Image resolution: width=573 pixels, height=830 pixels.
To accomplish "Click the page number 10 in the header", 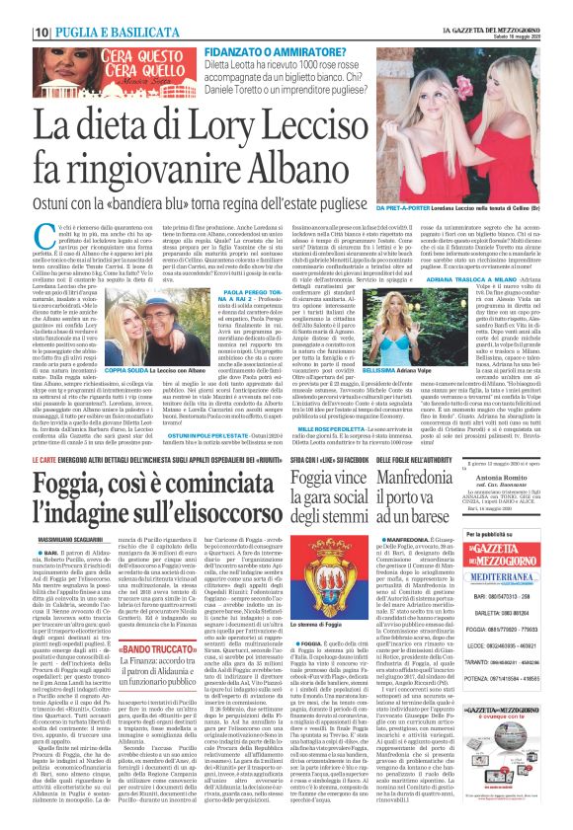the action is (x=16, y=9).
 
